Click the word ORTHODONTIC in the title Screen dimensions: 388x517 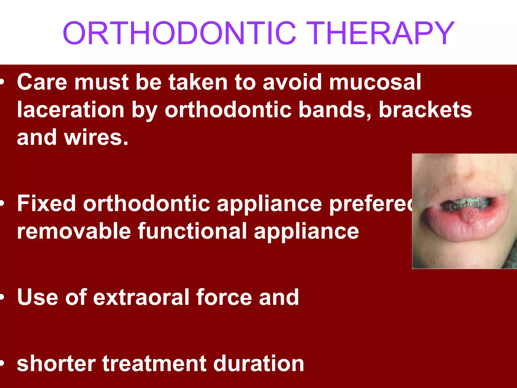[179, 33]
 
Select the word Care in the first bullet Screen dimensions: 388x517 [42, 82]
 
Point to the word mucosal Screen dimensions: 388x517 [375, 82]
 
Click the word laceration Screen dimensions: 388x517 [71, 110]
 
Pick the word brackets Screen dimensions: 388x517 [425, 110]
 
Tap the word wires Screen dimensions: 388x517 [96, 137]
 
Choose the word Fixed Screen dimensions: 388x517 [46, 204]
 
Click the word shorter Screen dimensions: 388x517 [56, 363]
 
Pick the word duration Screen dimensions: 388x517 [259, 363]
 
